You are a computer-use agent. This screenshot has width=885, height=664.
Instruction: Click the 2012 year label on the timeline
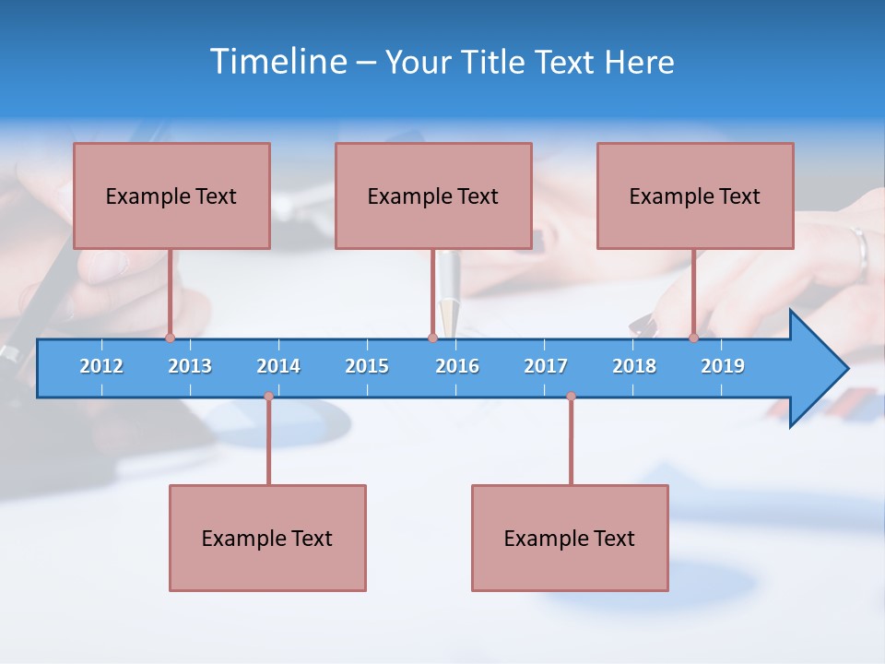(101, 366)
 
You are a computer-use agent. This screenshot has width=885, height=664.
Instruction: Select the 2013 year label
(190, 366)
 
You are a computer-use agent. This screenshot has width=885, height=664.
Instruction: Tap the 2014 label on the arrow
(278, 366)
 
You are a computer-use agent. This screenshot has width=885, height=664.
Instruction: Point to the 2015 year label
(367, 366)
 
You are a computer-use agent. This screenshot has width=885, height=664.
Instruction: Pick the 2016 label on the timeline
(457, 366)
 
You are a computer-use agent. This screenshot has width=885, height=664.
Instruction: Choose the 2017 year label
(546, 366)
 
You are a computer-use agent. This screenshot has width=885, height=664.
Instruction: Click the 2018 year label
(634, 366)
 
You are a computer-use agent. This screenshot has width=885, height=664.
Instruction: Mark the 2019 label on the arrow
(723, 366)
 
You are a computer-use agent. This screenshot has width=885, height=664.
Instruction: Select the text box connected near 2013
(171, 196)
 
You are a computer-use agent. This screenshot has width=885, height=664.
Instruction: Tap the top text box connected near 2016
(433, 196)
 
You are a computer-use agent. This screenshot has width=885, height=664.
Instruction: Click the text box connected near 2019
(695, 196)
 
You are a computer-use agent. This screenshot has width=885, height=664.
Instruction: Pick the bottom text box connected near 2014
(267, 538)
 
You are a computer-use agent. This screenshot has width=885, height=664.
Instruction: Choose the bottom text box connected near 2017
(570, 538)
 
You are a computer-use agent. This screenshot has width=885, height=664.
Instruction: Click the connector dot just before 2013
(170, 338)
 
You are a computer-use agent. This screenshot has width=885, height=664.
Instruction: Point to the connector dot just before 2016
(432, 338)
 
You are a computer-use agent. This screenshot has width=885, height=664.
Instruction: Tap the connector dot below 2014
(268, 397)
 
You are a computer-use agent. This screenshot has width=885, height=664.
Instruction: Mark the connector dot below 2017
(571, 397)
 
